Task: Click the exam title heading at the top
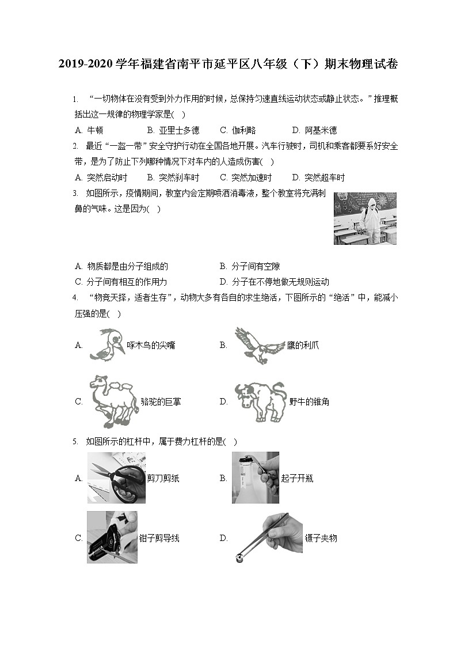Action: click(x=228, y=64)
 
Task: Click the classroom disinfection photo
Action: click(x=365, y=218)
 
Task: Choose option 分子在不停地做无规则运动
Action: click(x=280, y=282)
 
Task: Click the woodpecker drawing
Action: click(x=106, y=345)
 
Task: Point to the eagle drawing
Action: click(x=258, y=345)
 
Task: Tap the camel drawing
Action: click(x=113, y=402)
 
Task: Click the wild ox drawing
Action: click(x=260, y=402)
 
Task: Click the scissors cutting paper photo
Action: click(x=116, y=478)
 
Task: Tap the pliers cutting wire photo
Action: click(x=112, y=538)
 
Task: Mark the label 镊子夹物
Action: click(x=321, y=538)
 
